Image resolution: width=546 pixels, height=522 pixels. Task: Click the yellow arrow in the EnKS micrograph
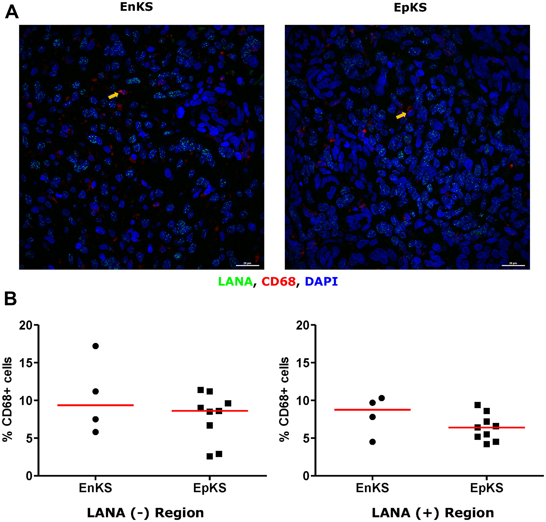point(113,95)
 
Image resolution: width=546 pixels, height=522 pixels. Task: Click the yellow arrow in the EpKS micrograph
point(401,115)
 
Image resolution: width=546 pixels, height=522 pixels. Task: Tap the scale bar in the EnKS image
point(247,265)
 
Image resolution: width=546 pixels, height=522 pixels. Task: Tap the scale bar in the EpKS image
point(513,265)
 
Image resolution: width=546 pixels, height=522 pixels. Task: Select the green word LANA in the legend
point(235,282)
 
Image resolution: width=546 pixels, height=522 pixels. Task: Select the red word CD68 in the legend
point(278,282)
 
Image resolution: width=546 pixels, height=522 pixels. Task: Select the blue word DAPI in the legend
point(321,282)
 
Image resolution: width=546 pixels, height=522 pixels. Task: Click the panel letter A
point(12,13)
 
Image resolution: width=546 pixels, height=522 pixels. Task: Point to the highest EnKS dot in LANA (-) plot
point(96,346)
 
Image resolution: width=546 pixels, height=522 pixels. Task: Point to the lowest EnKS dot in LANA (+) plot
point(372,442)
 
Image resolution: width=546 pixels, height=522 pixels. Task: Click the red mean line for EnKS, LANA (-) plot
point(96,405)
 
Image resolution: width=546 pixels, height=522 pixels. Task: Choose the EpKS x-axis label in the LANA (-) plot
point(210,488)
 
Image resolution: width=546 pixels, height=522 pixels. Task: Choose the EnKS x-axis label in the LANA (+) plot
point(372,488)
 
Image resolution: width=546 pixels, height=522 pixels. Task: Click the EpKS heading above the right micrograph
point(410,8)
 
